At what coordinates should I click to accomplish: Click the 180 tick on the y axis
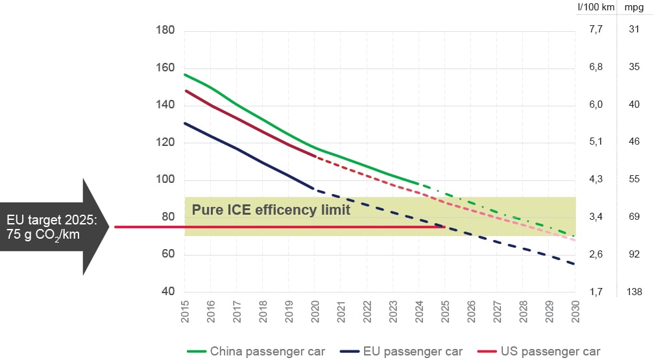[x=165, y=30]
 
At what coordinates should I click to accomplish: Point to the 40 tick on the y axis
[x=168, y=292]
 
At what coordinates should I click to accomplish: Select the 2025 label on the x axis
[x=444, y=313]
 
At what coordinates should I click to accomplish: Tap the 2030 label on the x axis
[x=574, y=313]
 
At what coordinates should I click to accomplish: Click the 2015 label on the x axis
[x=185, y=313]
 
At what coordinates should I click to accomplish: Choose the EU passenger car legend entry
[x=413, y=351]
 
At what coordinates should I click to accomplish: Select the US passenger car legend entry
[x=550, y=351]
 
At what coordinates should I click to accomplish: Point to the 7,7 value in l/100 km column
[x=596, y=29]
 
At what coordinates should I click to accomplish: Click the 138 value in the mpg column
[x=635, y=292]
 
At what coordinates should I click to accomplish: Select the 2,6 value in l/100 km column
[x=596, y=254]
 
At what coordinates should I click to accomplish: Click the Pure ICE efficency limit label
[x=271, y=210]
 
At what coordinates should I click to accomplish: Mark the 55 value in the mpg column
[x=635, y=179]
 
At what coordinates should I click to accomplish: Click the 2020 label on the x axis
[x=315, y=313]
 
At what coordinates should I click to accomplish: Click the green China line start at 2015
[x=185, y=75]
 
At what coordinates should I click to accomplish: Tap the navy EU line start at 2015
[x=185, y=123]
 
